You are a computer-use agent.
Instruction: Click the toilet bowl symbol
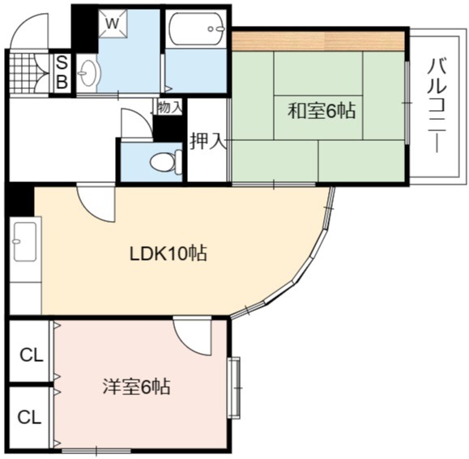[165, 162]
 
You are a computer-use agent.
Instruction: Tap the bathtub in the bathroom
[197, 29]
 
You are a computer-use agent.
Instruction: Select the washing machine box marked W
[113, 23]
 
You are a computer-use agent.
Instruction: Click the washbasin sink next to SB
[88, 73]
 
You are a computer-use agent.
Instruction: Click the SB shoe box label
[62, 72]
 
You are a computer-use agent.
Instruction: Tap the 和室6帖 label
[322, 111]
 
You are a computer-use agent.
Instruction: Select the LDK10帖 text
[168, 253]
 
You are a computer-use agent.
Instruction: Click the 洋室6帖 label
[136, 387]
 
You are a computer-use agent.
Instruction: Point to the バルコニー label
[437, 105]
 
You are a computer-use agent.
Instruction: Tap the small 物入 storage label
[169, 107]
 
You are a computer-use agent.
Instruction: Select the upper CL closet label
[32, 355]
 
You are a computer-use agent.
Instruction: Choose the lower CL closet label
[29, 417]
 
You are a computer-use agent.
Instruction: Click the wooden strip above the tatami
[318, 40]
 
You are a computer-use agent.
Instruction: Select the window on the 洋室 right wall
[234, 388]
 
